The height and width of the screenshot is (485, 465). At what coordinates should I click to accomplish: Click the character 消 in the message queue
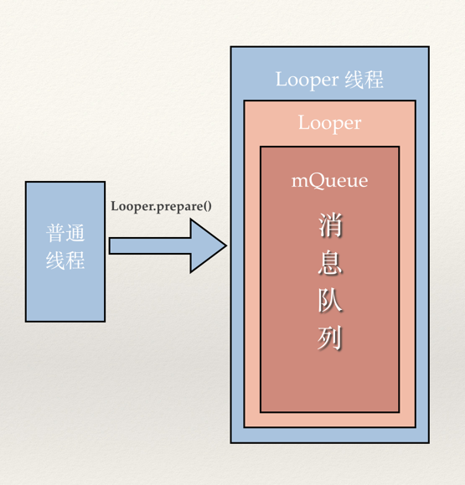click(x=329, y=228)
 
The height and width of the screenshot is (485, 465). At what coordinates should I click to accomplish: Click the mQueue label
click(x=329, y=180)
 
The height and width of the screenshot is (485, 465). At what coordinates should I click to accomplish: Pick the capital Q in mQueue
click(x=319, y=180)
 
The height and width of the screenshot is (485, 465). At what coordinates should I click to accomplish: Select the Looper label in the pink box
click(x=329, y=123)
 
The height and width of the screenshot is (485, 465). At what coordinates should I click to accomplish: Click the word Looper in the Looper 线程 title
click(x=307, y=80)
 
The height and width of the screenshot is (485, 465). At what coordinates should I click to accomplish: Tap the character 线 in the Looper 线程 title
click(x=354, y=80)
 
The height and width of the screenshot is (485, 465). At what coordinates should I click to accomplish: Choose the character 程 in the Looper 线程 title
click(x=374, y=80)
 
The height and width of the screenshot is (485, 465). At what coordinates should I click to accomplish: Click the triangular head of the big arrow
click(x=206, y=245)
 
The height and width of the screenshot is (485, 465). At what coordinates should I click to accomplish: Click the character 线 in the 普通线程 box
click(x=55, y=260)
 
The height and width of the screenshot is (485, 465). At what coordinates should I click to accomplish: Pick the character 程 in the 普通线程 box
click(x=75, y=260)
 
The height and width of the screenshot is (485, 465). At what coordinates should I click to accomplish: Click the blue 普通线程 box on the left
click(x=65, y=293)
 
